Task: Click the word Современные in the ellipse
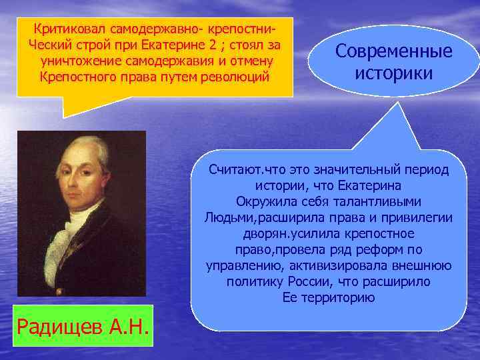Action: [x=393, y=51]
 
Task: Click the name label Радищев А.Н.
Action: [x=83, y=327]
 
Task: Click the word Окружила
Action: [x=261, y=201]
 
